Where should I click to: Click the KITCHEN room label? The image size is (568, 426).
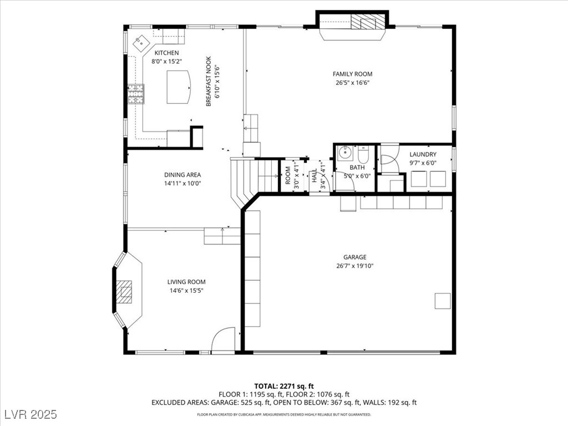tap(166, 53)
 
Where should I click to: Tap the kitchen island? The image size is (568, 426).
tap(179, 87)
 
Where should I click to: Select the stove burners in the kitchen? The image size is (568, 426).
tap(136, 94)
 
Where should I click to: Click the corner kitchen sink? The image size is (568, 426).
tap(140, 44)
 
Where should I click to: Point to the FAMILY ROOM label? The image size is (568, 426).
tap(352, 74)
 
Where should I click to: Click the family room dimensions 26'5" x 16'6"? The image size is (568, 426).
tap(352, 83)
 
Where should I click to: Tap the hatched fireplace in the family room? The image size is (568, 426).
tap(367, 22)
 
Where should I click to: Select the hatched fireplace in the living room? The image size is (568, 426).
tap(124, 292)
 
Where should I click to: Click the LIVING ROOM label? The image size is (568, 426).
tap(186, 282)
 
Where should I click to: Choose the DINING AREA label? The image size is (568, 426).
tap(182, 175)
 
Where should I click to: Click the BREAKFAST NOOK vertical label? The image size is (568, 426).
tap(209, 82)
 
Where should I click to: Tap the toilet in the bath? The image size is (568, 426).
tap(363, 154)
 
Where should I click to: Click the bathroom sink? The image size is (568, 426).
tap(345, 153)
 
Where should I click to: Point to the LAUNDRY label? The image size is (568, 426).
tap(423, 154)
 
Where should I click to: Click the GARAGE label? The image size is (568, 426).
tap(354, 257)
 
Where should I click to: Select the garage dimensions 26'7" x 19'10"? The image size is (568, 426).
tap(354, 266)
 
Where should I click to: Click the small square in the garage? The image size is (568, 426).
tap(443, 301)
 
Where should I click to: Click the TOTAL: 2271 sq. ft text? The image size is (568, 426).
tap(283, 386)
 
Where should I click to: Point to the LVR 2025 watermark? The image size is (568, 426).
tap(31, 414)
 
